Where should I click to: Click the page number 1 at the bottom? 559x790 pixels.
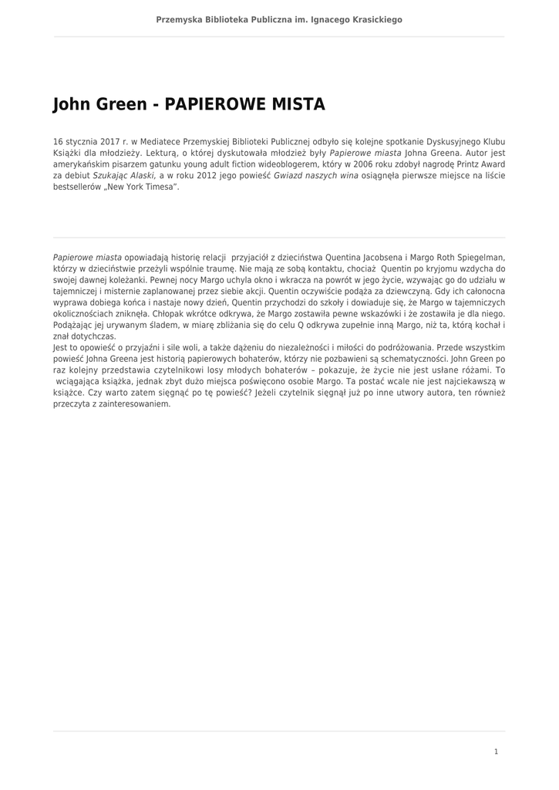[x=496, y=751]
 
